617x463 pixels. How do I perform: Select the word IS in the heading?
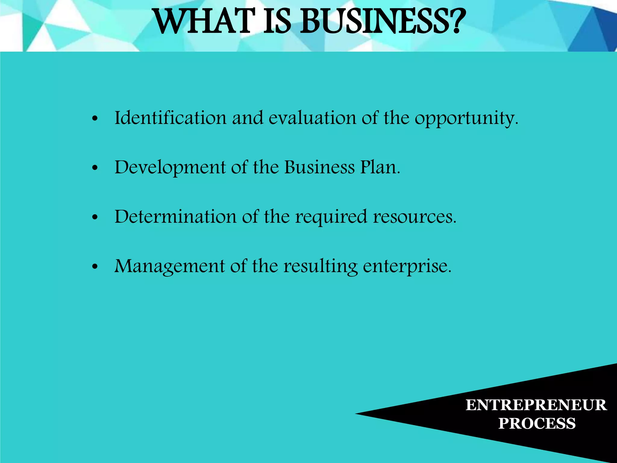point(277,22)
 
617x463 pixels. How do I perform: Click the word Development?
point(170,168)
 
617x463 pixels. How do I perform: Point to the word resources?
point(415,217)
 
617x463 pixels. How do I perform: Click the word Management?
point(169,266)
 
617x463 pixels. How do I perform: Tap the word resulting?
point(321,266)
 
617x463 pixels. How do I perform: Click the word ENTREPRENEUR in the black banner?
point(536,405)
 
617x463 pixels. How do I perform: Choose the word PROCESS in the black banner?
point(537,423)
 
